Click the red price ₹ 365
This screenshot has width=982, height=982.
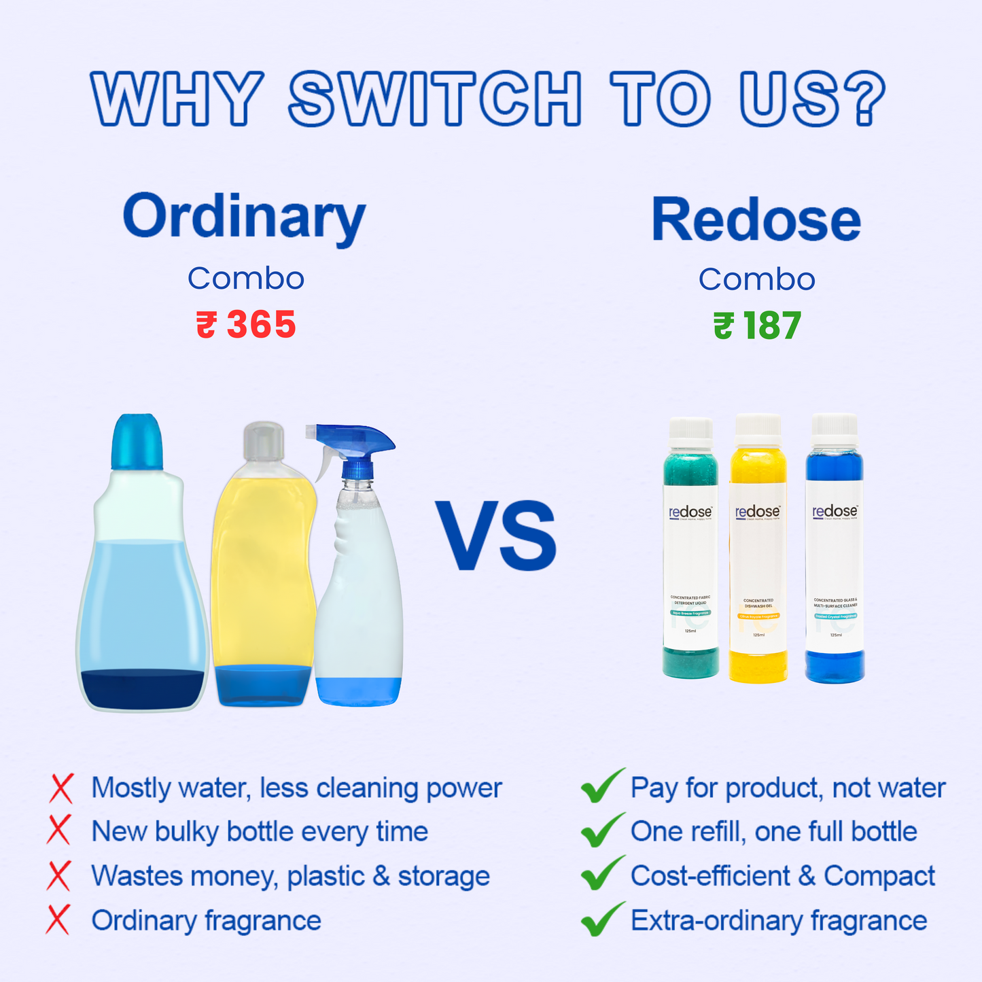point(246,324)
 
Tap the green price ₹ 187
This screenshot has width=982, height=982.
point(757,326)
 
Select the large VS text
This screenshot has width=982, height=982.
point(496,536)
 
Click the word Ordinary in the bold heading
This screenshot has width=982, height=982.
point(244,217)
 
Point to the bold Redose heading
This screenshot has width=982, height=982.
point(756,220)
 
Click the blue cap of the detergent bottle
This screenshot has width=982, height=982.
point(137,441)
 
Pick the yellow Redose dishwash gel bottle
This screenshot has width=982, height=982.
point(758,550)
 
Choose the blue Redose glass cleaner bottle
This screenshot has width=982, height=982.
point(835,550)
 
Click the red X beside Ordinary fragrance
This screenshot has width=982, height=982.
point(58,920)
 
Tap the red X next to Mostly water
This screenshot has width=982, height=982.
point(61,788)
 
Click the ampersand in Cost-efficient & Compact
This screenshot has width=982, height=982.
point(807,876)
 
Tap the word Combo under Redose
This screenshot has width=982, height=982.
point(756,279)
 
